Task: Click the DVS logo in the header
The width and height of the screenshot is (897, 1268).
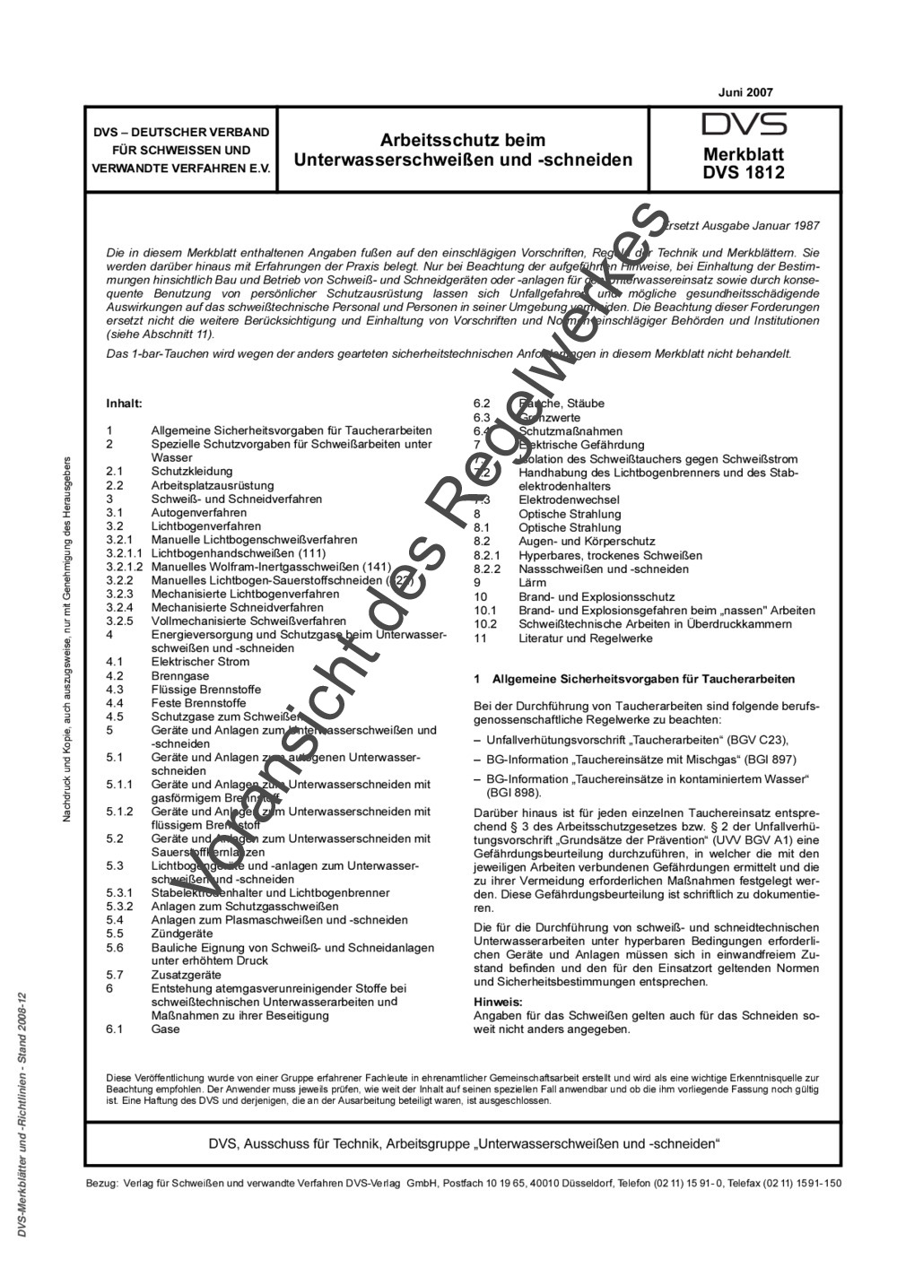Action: tap(744, 125)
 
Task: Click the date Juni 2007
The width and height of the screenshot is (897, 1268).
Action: tap(745, 91)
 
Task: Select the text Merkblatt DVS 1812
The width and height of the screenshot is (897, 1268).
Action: tap(744, 163)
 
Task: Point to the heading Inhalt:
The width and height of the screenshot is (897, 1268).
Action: tap(125, 404)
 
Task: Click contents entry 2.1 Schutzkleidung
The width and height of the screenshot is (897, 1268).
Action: tap(191, 471)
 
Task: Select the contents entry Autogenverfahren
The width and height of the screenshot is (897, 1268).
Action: tap(198, 512)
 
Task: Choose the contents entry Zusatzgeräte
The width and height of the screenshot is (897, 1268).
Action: tap(186, 975)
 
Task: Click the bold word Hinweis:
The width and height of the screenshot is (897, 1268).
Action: tap(497, 1002)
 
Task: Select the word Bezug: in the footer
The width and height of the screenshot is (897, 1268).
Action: tap(101, 1183)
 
